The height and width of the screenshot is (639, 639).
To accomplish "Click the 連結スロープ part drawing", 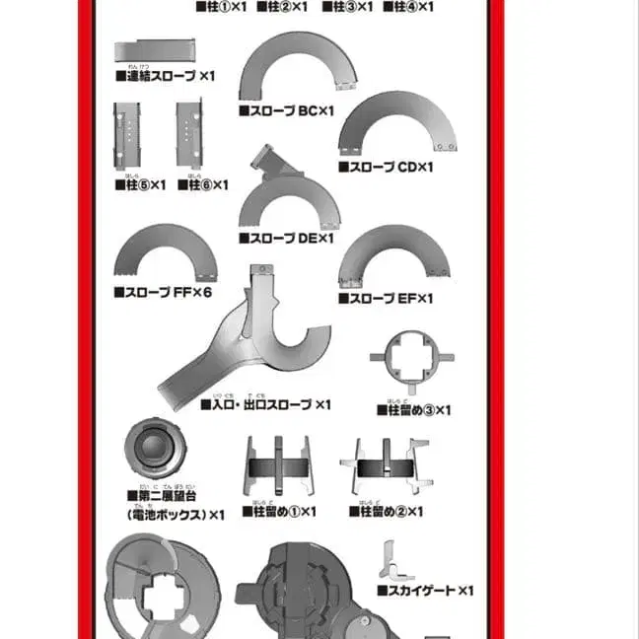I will click(155, 51).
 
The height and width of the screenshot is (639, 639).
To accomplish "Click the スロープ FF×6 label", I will click(163, 292).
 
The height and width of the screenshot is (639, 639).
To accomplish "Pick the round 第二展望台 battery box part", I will click(155, 449).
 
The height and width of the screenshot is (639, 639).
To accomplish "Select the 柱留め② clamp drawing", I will click(385, 467).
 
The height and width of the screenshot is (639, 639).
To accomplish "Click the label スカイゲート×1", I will click(425, 591).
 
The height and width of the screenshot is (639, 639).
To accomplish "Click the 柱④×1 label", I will click(408, 6).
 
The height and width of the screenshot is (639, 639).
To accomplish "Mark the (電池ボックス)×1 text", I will click(176, 514).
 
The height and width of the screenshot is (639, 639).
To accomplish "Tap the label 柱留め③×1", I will click(413, 409).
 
